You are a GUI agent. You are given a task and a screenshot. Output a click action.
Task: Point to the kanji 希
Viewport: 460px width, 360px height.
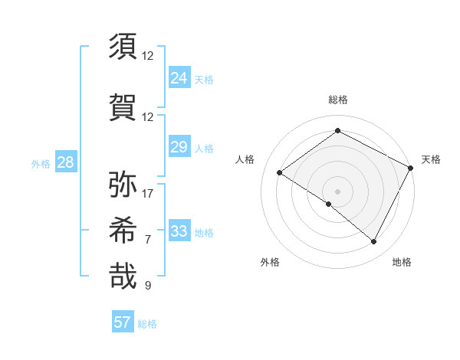coord(123,231)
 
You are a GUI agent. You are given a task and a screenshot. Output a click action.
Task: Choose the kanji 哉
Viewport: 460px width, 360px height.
coord(123,277)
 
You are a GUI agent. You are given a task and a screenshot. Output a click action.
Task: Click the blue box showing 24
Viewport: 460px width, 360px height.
coord(179,77)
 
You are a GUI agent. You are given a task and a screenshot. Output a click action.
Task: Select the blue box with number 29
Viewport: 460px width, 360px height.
coord(179,147)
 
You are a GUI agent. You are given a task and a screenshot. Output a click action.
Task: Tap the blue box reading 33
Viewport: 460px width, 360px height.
coord(179,231)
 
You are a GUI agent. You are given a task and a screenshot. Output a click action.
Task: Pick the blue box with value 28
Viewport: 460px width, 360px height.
coord(65,162)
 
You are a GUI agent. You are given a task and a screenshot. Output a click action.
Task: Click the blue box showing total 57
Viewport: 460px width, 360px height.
coord(123,322)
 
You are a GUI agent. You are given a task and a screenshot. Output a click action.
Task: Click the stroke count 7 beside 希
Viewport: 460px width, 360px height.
coord(148,239)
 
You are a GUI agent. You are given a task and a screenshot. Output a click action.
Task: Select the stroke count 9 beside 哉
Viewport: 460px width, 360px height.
coord(148,286)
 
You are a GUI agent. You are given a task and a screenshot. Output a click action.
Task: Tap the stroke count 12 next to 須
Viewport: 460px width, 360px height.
coord(148,55)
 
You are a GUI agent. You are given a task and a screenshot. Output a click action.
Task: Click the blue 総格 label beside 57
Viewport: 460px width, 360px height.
coord(147,324)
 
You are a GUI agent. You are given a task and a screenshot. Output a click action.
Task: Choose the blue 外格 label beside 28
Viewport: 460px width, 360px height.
coord(41,163)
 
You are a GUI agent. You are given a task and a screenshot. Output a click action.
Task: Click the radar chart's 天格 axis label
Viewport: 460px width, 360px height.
coord(431,159)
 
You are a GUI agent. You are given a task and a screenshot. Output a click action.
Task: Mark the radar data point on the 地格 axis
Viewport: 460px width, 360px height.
coord(374,242)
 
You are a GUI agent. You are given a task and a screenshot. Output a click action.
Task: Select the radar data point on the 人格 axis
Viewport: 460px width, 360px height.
coord(279,173)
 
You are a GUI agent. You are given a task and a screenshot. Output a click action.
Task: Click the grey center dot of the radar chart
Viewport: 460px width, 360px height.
coord(337,191)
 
